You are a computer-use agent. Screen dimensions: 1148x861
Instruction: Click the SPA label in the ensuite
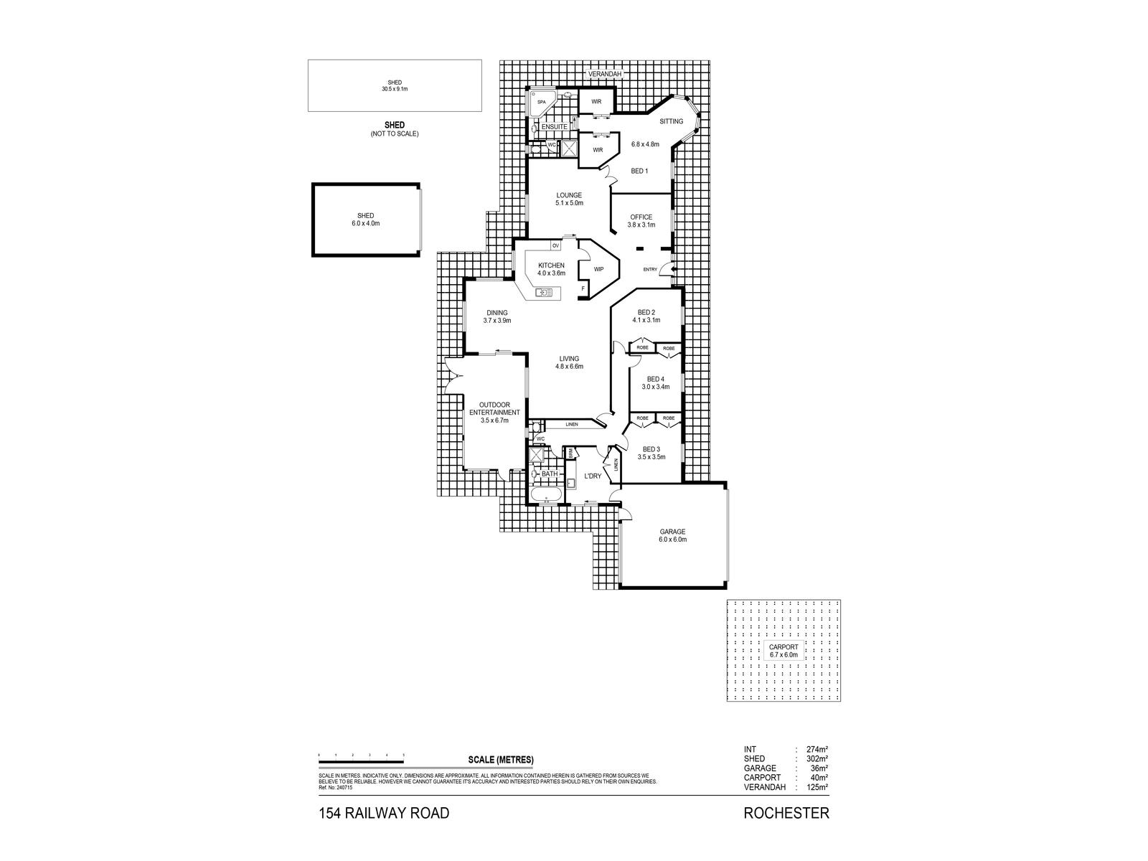[x=542, y=103]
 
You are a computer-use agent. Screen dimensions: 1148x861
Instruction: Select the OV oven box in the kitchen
[x=555, y=246]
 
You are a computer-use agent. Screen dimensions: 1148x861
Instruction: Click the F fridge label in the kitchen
[x=583, y=288]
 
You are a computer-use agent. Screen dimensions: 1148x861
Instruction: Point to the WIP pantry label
[x=598, y=270]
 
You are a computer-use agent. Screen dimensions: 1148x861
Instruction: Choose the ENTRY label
[x=650, y=270]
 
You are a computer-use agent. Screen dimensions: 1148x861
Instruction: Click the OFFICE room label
[x=641, y=217]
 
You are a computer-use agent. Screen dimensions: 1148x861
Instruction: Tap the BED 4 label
[x=655, y=380]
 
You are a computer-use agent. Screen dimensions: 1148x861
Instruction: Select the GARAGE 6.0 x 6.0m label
[x=673, y=535]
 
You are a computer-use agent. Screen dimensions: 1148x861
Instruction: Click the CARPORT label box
[x=784, y=651]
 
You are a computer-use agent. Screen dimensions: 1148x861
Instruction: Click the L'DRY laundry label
[x=593, y=476]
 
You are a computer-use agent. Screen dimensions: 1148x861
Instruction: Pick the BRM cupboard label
[x=571, y=453]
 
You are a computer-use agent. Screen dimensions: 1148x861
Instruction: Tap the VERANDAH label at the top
[x=604, y=74]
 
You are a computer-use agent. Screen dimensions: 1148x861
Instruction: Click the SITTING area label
[x=672, y=121]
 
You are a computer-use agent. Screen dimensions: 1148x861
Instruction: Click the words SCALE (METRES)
[x=501, y=760]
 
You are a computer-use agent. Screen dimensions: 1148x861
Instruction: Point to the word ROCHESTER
[x=786, y=813]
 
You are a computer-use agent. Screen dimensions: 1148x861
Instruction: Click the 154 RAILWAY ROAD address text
[x=384, y=813]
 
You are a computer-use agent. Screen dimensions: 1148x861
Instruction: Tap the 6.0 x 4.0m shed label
[x=366, y=220]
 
